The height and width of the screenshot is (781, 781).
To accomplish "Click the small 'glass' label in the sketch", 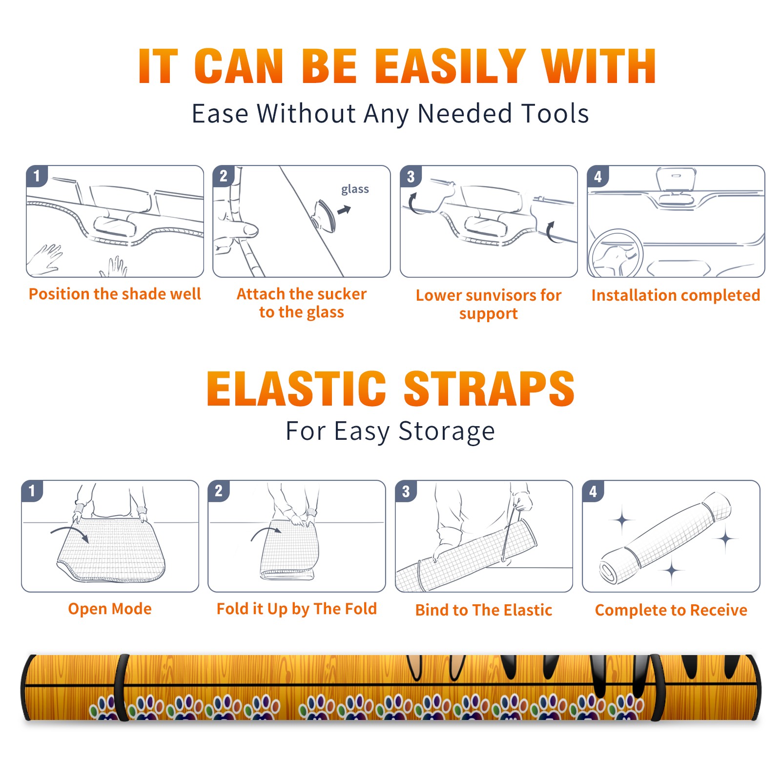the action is coord(355,189).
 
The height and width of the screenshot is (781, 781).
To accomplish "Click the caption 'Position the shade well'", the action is coord(115,294).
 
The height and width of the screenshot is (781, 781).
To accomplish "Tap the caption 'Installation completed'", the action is coord(676,295).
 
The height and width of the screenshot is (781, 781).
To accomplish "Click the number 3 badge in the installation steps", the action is coord(411,176).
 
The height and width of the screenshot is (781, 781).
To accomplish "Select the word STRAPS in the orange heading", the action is coord(489,389).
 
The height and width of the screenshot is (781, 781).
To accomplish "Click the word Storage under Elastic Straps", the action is coord(447,432).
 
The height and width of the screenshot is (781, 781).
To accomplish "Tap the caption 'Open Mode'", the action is coord(110,609).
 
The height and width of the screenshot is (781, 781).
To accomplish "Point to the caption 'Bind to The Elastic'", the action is coord(484,610).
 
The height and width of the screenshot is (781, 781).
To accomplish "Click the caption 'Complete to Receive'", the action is coord(671,610).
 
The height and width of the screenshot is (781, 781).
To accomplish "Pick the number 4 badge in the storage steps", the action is coord(593,491).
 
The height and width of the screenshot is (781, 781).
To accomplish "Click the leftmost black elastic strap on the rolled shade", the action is coord(122,687).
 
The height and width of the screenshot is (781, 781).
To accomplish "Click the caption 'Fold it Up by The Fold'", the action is coord(297,609).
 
